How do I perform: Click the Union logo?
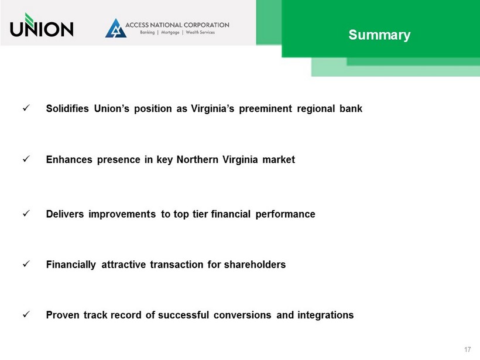pos(42,25)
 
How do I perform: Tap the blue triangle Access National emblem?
pos(116,28)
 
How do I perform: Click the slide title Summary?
pos(379,35)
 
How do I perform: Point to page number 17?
pos(467,349)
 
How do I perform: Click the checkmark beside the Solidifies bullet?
pos(26,108)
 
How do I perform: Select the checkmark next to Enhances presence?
pos(26,159)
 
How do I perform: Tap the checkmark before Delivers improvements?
pos(26,213)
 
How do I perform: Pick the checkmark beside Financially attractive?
pos(26,263)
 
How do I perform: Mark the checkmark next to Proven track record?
pos(26,314)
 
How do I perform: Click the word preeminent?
pos(265,109)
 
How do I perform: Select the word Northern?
pos(197,159)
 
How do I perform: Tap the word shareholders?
pos(255,265)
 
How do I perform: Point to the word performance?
pos(285,214)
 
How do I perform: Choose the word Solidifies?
pos(67,108)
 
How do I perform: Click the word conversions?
pos(242,315)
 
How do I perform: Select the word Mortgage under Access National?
pos(170,32)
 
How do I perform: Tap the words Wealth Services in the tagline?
pos(200,32)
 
